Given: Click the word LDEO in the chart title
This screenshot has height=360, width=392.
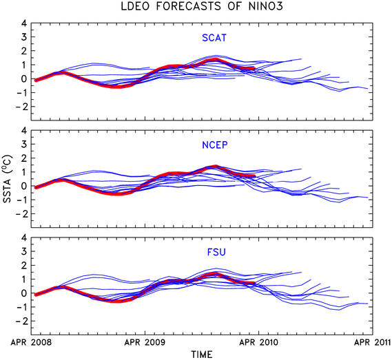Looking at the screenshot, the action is tap(135, 6).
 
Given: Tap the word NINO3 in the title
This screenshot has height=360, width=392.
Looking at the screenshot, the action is tap(265, 6).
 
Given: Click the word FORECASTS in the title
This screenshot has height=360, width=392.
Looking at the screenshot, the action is tap(189, 6).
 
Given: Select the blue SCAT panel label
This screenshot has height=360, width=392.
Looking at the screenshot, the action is tap(214, 38).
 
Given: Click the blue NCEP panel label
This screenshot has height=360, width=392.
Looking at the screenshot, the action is tap(215, 145).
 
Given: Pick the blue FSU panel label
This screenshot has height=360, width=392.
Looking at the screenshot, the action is tap(216, 252).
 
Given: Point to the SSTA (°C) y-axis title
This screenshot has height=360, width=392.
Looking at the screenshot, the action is tap(7, 179).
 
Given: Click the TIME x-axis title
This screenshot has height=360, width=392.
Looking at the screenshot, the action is tap(202, 354).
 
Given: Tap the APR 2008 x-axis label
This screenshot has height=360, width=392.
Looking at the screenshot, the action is tap(31, 342).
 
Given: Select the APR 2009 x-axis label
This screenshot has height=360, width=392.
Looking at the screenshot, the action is tap(145, 342).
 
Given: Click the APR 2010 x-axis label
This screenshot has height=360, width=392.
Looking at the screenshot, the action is tap(258, 342).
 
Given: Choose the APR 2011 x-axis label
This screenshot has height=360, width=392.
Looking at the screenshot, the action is tap(372, 342).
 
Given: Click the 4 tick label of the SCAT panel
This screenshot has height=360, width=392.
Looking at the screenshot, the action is tap(23, 23).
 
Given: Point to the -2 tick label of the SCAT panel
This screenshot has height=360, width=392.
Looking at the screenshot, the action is tap(21, 107).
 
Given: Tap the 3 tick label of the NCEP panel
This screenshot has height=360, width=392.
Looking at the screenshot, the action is tap(23, 144).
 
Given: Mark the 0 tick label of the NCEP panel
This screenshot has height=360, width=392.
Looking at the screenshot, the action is tap(23, 186).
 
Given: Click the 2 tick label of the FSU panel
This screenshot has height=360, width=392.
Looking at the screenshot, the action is tap(23, 265).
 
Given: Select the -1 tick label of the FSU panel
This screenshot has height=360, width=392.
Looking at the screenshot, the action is tap(21, 307).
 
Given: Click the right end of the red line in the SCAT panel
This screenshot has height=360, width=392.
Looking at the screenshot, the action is tap(254, 68).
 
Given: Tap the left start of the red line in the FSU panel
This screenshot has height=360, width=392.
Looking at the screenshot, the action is tap(36, 295).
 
